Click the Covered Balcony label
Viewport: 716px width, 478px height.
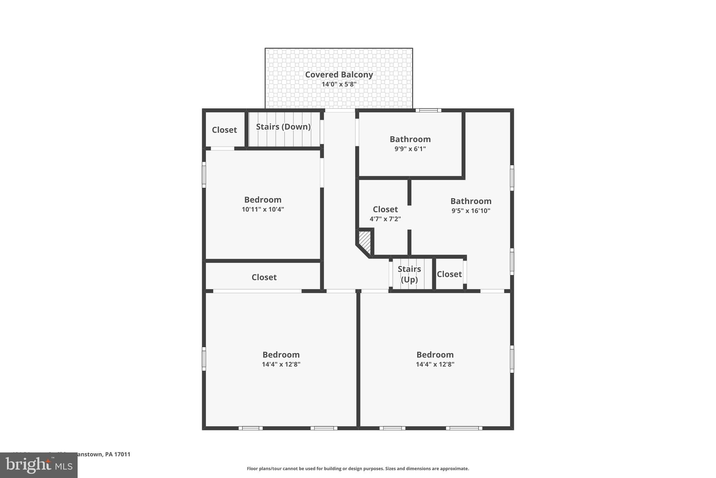click(x=339, y=75)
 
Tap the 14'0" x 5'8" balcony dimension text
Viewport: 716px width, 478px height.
click(x=339, y=84)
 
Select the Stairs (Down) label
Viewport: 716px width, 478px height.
click(x=283, y=127)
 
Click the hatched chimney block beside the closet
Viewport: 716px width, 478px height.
click(x=365, y=241)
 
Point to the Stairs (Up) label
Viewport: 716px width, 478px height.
click(x=409, y=274)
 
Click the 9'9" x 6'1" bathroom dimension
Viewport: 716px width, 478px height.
click(x=410, y=149)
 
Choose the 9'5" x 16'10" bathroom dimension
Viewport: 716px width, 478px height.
click(x=471, y=211)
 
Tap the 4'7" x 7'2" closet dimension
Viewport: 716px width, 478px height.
click(x=385, y=219)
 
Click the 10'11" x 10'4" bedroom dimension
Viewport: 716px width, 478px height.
click(x=263, y=209)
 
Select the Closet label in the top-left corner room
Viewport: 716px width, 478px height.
click(x=224, y=130)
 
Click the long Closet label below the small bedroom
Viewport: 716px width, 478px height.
click(x=264, y=277)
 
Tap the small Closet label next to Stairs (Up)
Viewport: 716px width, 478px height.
click(x=449, y=274)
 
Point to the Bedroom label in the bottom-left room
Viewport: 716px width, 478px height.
click(x=281, y=355)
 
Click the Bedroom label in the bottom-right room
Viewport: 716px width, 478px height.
click(x=435, y=355)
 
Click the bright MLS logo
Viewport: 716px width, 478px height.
click(x=38, y=465)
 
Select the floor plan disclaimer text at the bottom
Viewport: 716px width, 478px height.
click(x=358, y=469)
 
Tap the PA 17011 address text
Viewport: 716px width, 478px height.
click(x=117, y=454)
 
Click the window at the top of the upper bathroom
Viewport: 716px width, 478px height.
click(x=428, y=110)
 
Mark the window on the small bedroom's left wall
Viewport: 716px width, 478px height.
click(x=204, y=174)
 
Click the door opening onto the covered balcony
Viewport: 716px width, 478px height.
click(x=340, y=110)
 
